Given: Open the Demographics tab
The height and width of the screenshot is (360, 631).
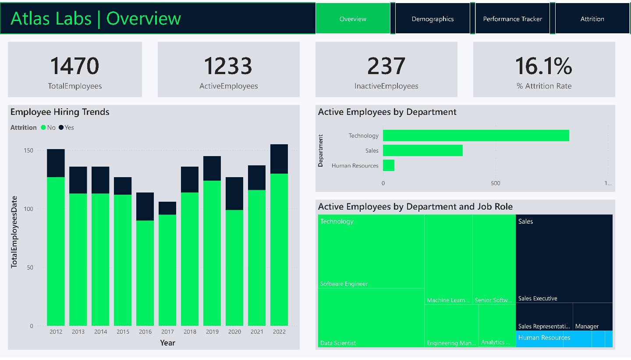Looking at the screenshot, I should (x=432, y=19).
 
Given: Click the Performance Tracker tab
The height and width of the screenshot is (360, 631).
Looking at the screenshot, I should (x=512, y=19).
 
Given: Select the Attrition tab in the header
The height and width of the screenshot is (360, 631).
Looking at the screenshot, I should (x=592, y=19).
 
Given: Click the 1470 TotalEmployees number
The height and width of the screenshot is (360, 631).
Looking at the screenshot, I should (x=74, y=66).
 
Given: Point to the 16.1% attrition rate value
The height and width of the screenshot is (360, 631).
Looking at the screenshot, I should (x=543, y=66).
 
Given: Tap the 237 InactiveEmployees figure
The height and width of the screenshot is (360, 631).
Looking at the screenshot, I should (x=386, y=66).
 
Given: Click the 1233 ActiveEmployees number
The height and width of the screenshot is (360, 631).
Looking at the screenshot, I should (x=228, y=66).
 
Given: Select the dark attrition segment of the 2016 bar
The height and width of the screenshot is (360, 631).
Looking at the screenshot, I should (x=145, y=206).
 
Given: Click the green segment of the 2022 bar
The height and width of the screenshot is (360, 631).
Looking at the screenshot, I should (x=279, y=250).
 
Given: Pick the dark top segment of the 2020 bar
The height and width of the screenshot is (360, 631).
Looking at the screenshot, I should (x=234, y=193).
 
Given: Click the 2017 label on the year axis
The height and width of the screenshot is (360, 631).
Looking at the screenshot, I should (x=167, y=332).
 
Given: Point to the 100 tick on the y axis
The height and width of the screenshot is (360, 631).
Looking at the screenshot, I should (x=28, y=209).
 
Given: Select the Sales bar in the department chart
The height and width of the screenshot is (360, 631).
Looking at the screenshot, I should (x=422, y=150).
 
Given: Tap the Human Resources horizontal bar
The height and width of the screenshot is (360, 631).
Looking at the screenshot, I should (x=388, y=165).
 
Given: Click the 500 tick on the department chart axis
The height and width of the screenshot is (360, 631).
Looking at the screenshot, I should (x=495, y=183).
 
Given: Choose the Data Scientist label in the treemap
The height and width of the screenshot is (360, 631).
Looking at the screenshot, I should (x=338, y=343).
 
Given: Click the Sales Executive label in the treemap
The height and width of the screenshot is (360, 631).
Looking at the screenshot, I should (x=538, y=298).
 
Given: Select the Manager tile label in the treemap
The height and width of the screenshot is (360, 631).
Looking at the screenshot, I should (x=587, y=326).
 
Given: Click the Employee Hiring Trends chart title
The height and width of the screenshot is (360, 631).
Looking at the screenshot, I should (x=60, y=112).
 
